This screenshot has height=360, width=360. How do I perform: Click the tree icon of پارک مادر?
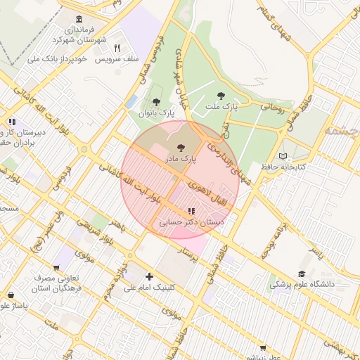(181, 148)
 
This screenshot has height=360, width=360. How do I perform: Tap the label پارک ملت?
(221, 107)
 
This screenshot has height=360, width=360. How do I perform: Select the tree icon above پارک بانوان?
(156, 102)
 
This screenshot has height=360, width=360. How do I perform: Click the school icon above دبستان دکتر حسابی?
(191, 211)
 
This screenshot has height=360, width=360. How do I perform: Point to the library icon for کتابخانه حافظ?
(283, 155)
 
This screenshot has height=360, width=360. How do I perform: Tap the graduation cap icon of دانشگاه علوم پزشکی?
(302, 274)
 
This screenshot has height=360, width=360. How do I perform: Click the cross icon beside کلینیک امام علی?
(149, 277)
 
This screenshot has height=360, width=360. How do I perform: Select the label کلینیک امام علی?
(149, 288)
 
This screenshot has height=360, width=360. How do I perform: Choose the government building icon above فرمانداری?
(78, 19)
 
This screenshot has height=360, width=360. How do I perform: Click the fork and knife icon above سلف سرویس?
(117, 49)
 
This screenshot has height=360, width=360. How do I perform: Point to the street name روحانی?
(272, 108)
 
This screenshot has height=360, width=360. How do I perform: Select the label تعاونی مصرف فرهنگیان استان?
(57, 283)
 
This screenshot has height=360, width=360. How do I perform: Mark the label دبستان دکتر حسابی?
(191, 221)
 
